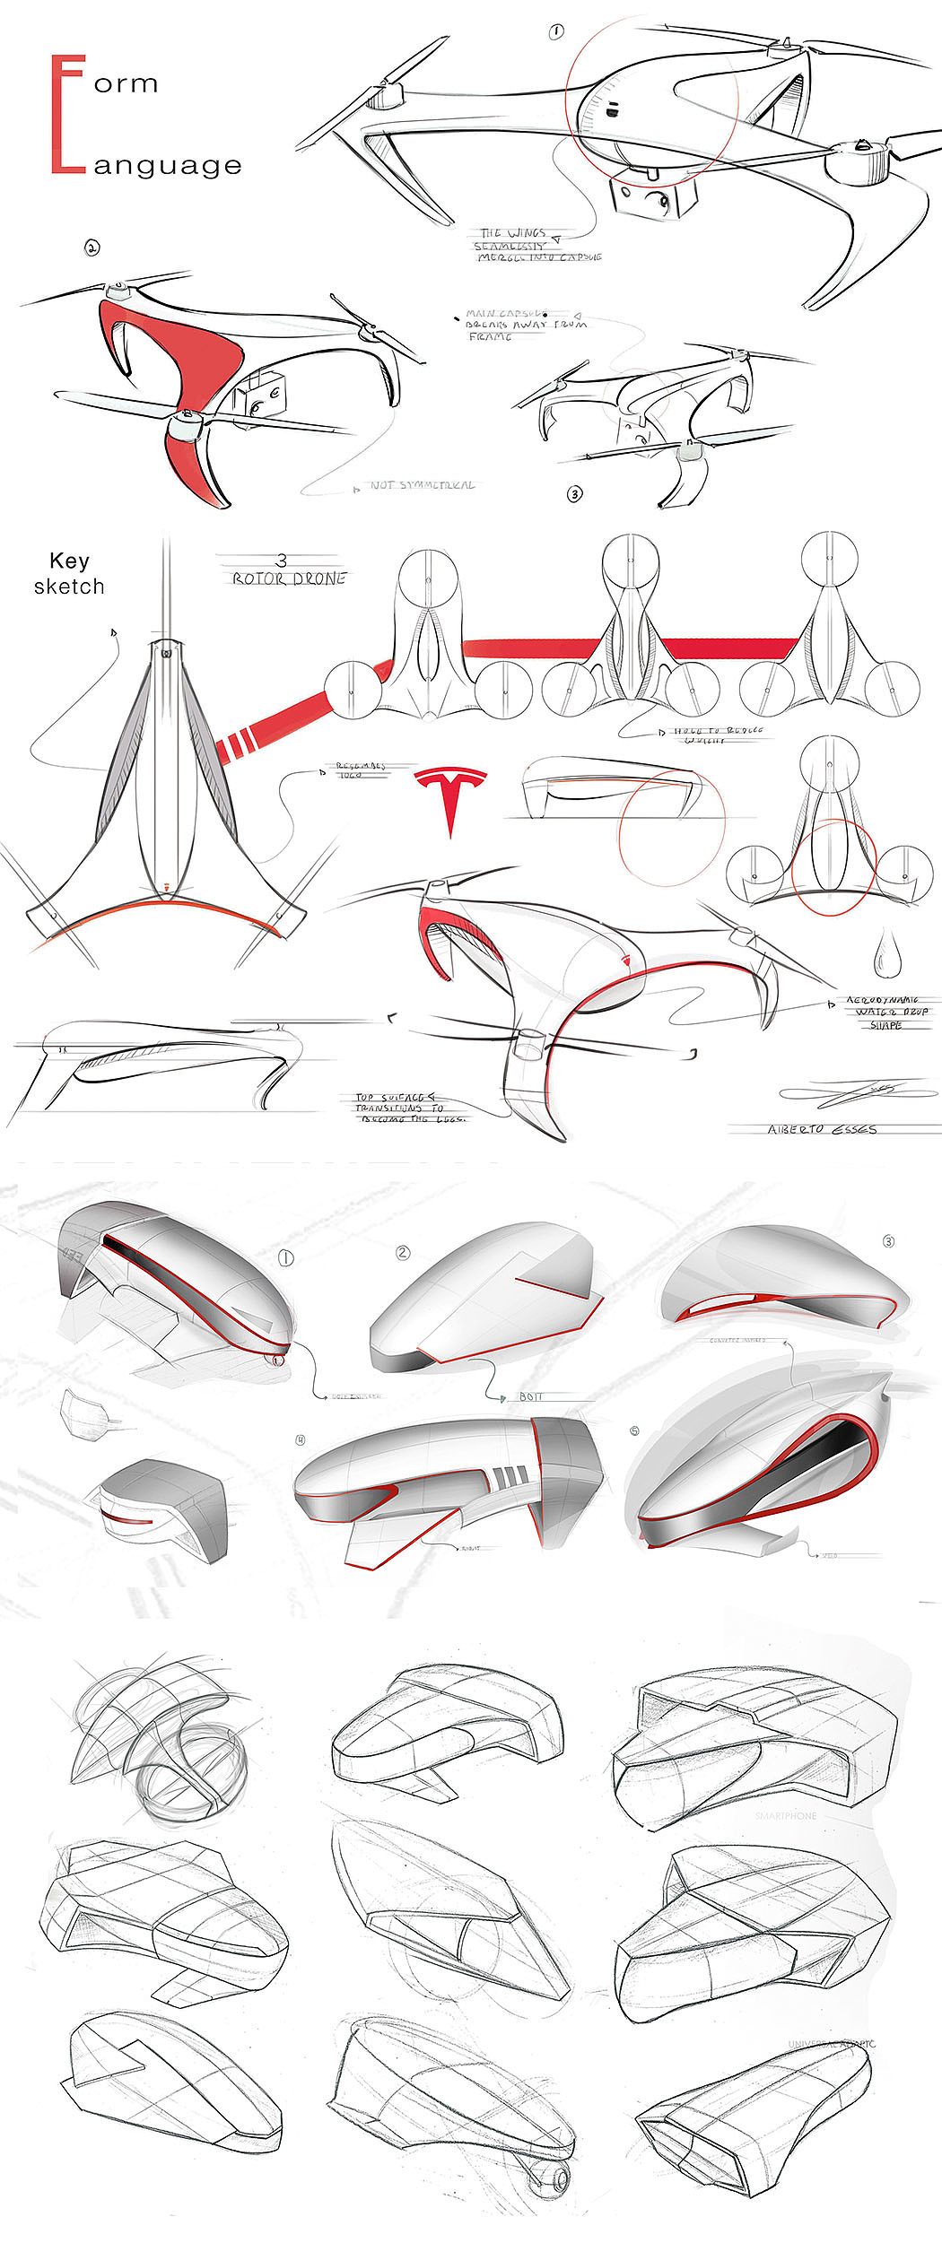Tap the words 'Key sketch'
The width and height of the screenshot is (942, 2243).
(x=69, y=574)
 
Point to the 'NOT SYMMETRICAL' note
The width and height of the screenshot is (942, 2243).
(x=422, y=485)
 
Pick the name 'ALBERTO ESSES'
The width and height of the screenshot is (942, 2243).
(x=821, y=1129)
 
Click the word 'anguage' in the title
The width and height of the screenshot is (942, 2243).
(x=168, y=166)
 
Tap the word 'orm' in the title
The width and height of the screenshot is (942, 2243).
(x=126, y=84)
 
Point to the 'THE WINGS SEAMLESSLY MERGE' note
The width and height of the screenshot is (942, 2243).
(x=534, y=245)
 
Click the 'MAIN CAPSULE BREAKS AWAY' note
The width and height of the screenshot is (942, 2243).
(x=525, y=325)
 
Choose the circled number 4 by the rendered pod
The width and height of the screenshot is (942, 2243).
(x=301, y=1439)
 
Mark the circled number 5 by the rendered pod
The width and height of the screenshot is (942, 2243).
(x=635, y=1430)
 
